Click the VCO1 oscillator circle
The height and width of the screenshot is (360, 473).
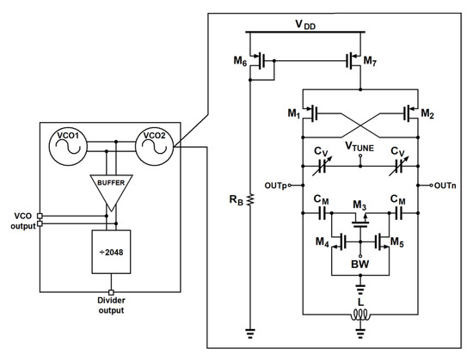(x=68, y=143)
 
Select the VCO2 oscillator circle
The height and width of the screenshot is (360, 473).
(x=154, y=143)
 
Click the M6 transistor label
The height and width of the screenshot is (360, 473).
(x=240, y=60)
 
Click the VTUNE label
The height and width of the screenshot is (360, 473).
(x=360, y=147)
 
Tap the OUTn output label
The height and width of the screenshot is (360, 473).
(x=445, y=184)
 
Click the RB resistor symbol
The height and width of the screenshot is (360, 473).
(x=249, y=199)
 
